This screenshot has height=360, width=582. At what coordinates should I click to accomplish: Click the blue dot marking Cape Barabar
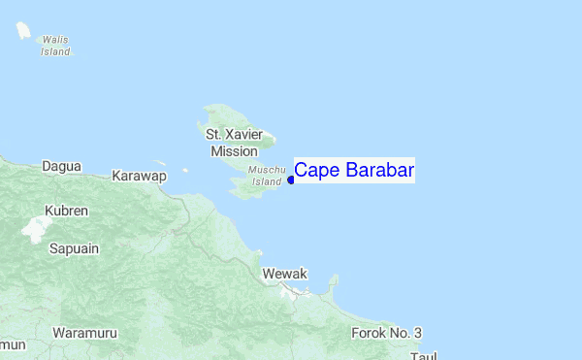click(x=291, y=180)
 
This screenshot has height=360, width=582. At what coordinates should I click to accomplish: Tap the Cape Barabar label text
click(x=354, y=171)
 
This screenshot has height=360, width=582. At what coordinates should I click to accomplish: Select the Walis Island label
click(x=55, y=46)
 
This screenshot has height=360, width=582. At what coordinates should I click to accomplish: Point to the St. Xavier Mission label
click(x=234, y=142)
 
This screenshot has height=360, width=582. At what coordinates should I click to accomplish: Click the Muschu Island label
click(x=267, y=175)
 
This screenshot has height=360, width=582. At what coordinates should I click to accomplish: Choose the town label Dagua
click(x=61, y=167)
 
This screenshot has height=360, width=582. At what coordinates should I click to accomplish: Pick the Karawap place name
click(x=140, y=176)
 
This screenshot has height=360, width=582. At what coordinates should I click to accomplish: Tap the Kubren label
click(x=67, y=210)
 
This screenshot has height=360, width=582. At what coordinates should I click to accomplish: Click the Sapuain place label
click(x=74, y=248)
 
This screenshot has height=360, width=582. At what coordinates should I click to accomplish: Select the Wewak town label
click(x=285, y=275)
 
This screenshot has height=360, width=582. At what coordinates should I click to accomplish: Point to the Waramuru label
click(x=84, y=333)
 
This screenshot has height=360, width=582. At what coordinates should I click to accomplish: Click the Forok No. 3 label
click(x=386, y=333)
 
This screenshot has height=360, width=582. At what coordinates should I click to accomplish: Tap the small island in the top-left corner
click(x=21, y=30)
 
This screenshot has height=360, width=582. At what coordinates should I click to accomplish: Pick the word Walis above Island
click(x=55, y=41)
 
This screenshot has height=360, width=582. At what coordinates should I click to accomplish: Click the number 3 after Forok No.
click(x=417, y=333)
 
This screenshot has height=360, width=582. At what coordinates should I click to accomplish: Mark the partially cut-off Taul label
click(x=424, y=355)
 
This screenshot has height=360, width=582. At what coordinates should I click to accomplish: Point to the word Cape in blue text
click(x=313, y=171)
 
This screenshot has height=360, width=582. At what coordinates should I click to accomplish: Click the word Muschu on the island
click(x=267, y=170)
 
